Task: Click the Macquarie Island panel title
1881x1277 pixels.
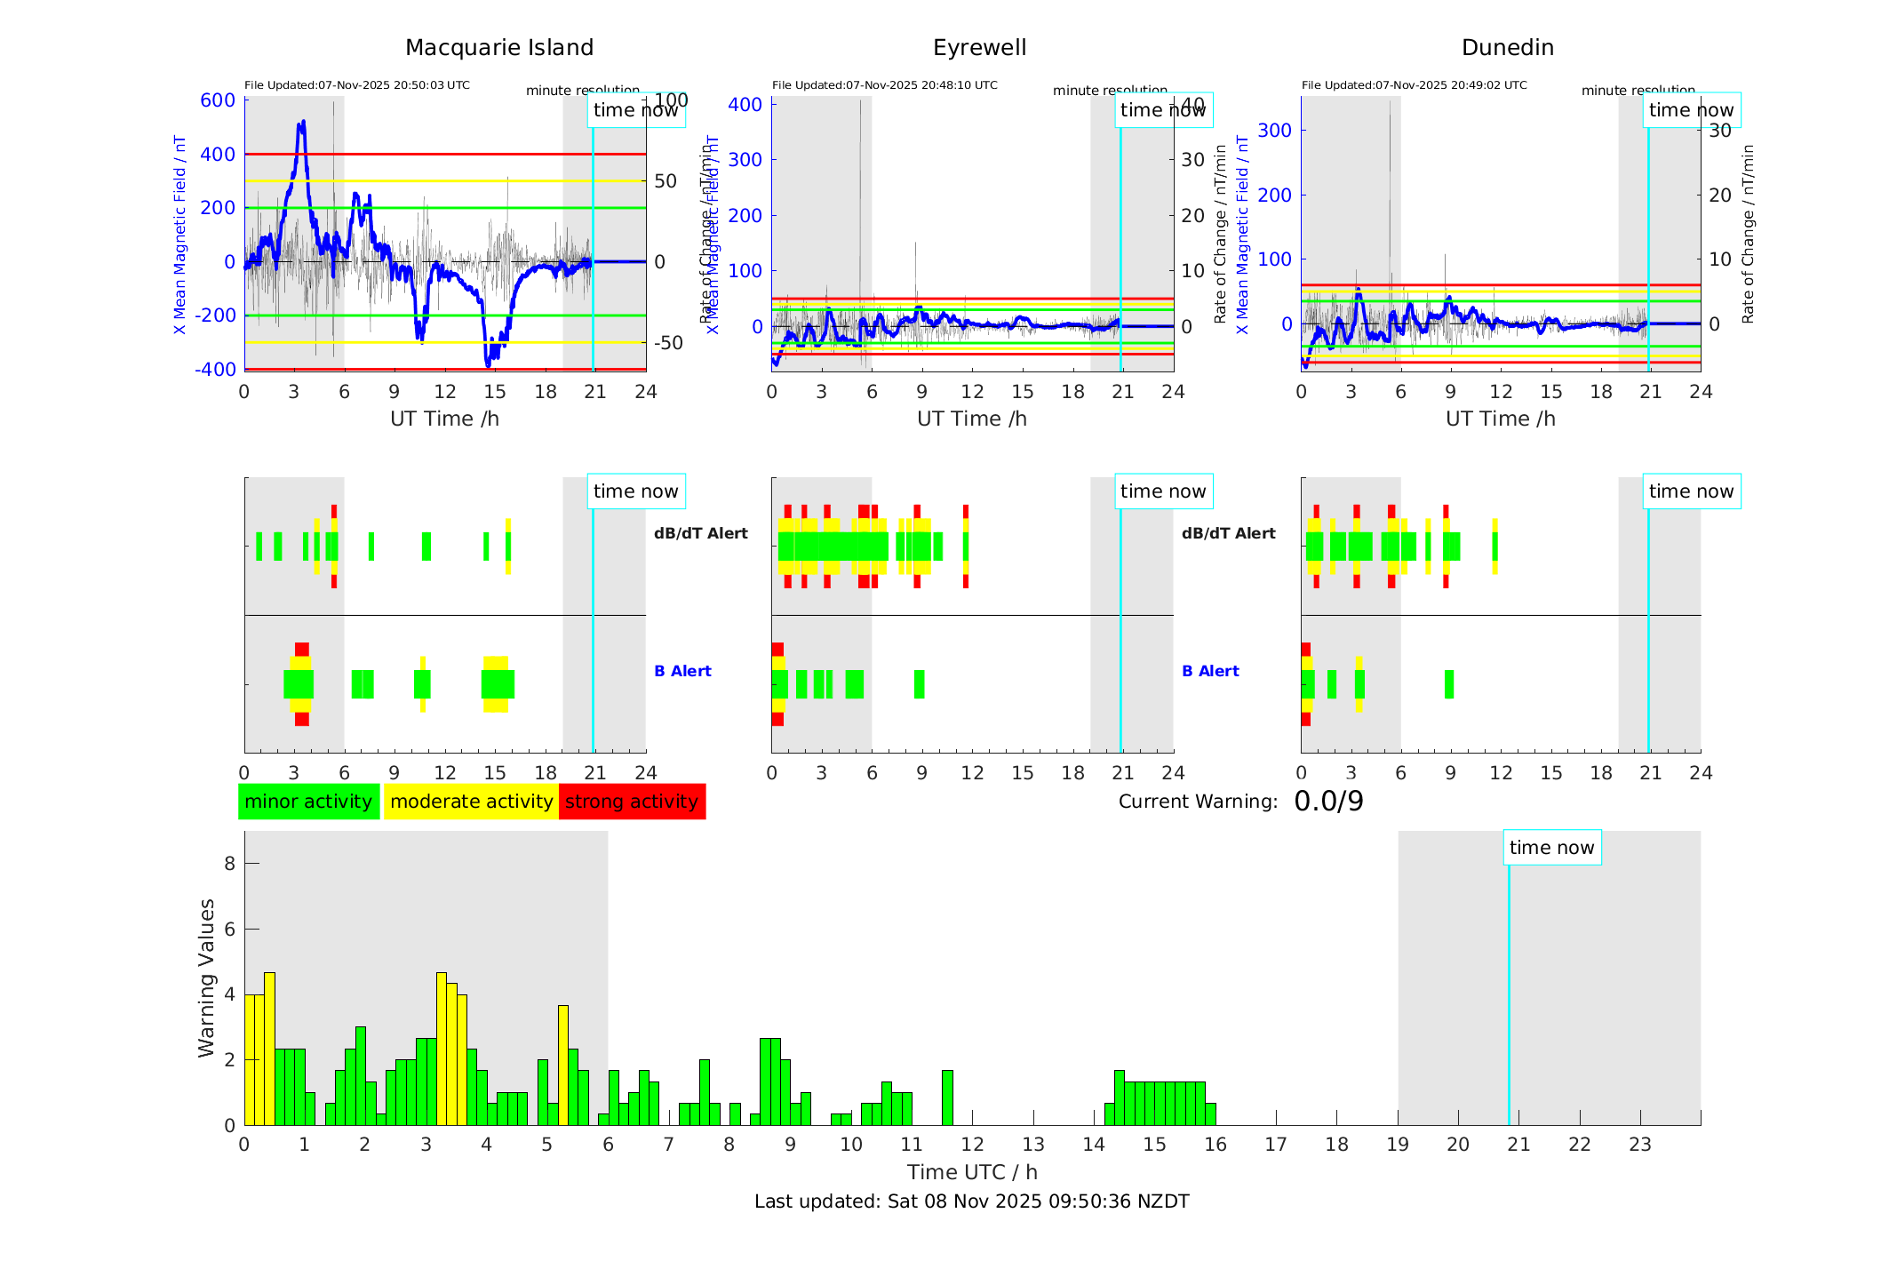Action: [x=499, y=48]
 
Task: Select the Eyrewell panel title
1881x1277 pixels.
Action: [x=979, y=48]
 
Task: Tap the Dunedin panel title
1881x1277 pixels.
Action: [x=1507, y=48]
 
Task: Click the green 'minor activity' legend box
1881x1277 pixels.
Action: [x=308, y=802]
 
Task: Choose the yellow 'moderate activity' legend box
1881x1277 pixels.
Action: [x=471, y=802]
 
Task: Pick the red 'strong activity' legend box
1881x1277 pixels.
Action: [x=632, y=802]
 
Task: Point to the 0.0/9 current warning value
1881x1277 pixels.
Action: [x=1328, y=802]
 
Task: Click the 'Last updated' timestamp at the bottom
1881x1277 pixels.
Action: [x=971, y=1201]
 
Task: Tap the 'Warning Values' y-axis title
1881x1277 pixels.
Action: [x=206, y=978]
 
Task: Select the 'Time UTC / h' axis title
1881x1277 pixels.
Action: [x=972, y=1172]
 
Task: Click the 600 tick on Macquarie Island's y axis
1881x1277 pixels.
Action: [x=218, y=100]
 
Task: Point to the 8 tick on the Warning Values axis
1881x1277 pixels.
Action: [x=230, y=863]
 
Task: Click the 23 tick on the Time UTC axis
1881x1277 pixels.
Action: [x=1639, y=1145]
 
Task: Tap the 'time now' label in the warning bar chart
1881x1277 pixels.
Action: [x=1551, y=848]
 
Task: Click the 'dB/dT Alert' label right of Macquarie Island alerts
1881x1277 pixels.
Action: [x=700, y=533]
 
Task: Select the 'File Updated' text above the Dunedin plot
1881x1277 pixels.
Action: [x=1414, y=85]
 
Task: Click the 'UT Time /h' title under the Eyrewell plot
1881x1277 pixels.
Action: [x=972, y=419]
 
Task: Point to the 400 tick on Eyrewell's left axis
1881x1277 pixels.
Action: [x=745, y=105]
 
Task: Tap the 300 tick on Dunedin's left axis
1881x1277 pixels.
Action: [x=1274, y=130]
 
